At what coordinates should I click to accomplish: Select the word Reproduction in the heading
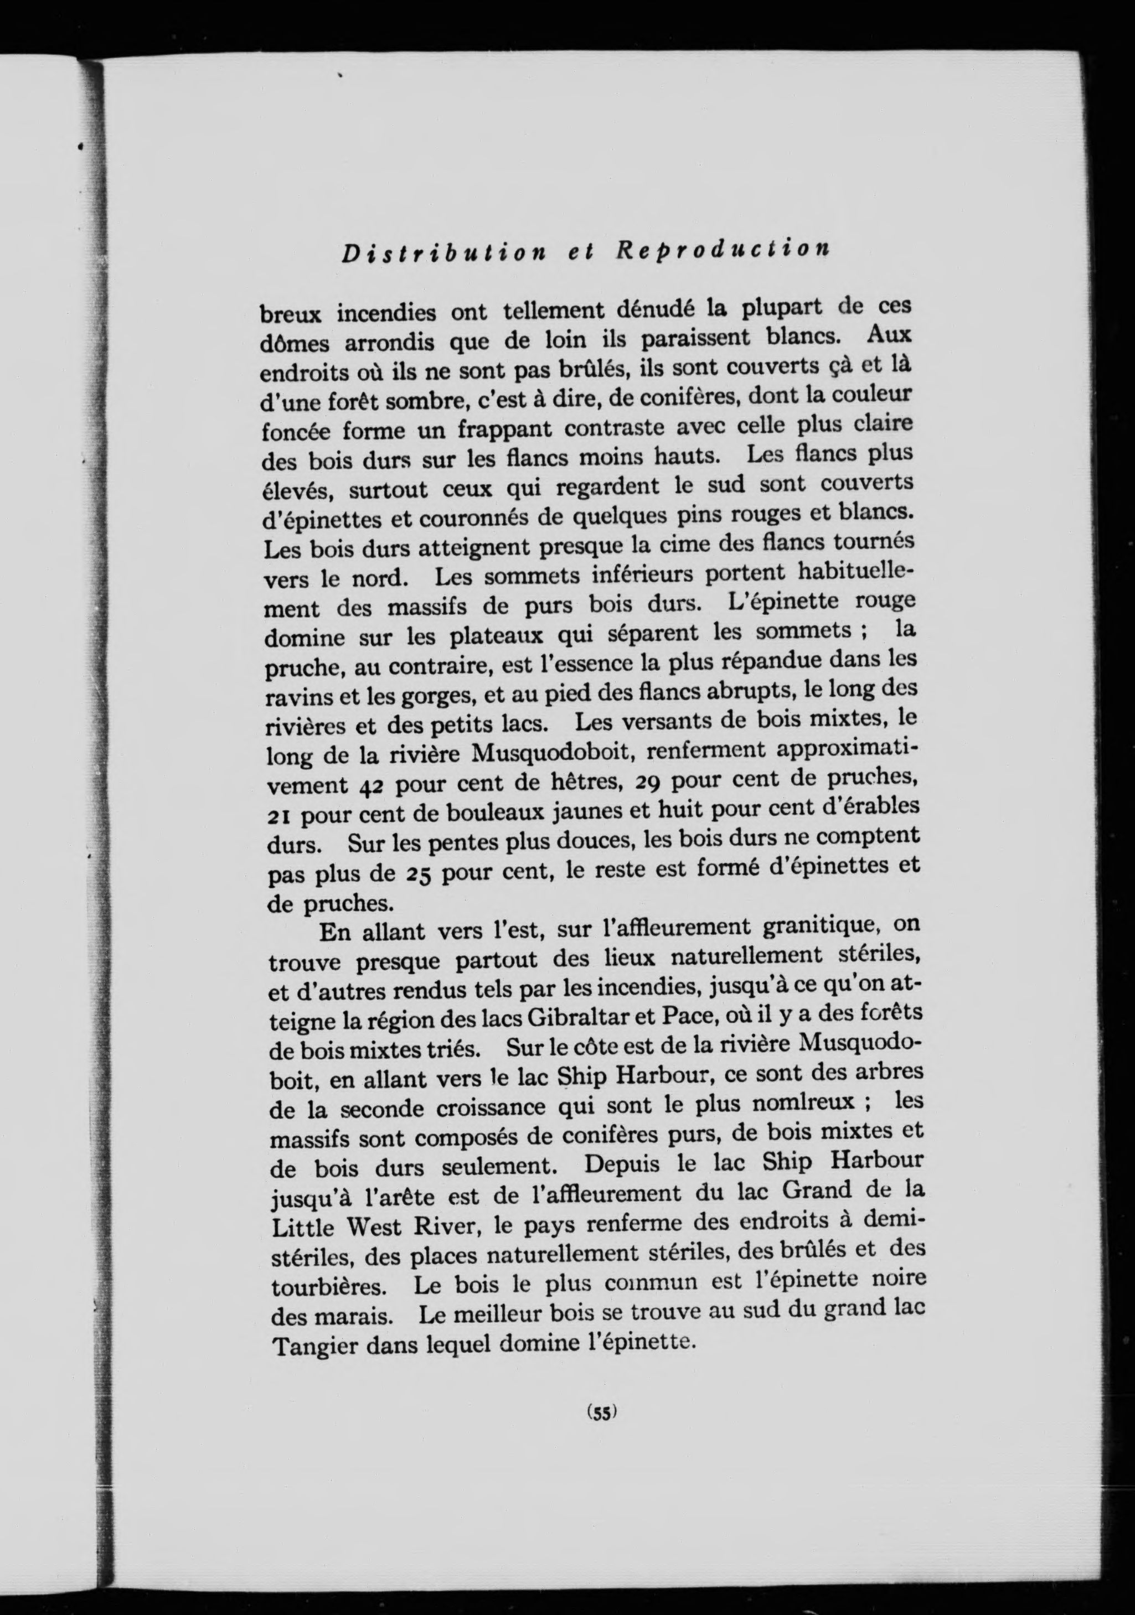tap(721, 250)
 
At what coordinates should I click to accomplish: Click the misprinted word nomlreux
tap(803, 1103)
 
